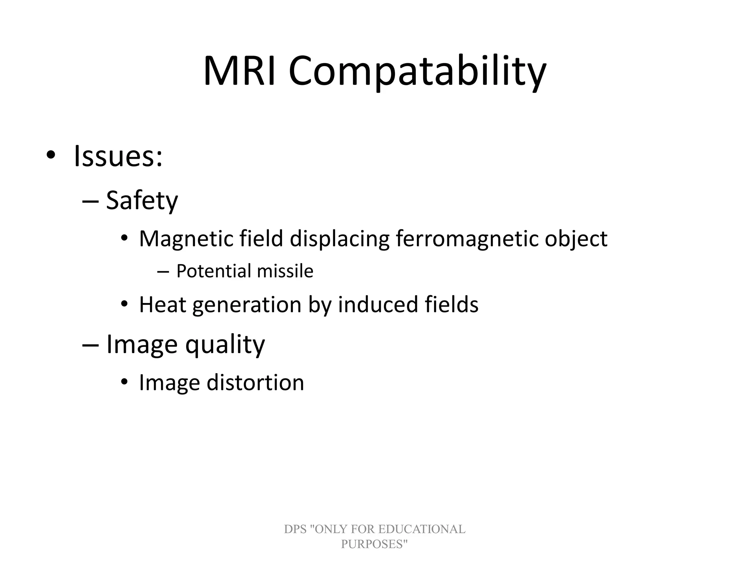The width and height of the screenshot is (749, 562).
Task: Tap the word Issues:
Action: click(x=118, y=156)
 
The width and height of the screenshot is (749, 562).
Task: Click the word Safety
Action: click(x=142, y=201)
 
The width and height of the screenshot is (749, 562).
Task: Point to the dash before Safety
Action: click(x=91, y=201)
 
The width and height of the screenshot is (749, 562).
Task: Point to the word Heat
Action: click(x=162, y=304)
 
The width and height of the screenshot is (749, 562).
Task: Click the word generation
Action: click(x=247, y=305)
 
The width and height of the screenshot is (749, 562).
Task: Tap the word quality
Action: click(x=225, y=345)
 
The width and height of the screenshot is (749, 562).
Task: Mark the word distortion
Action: click(x=255, y=383)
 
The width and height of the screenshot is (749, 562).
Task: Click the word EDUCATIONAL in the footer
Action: click(x=421, y=529)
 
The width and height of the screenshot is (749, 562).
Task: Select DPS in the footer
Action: click(x=295, y=529)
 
